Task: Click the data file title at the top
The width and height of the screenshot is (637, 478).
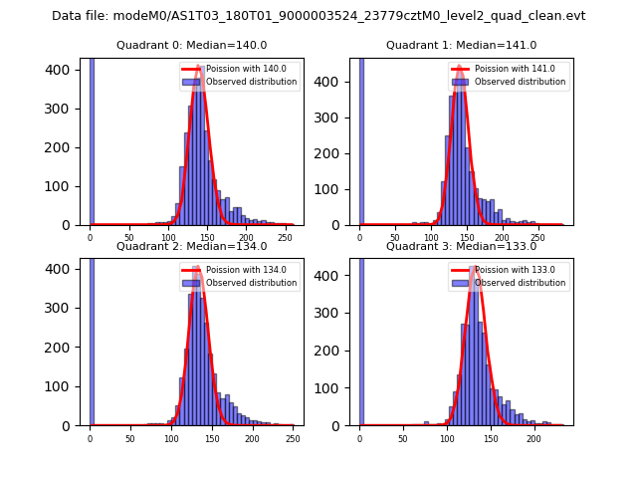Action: (318, 16)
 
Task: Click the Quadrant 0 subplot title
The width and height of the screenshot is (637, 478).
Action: (192, 45)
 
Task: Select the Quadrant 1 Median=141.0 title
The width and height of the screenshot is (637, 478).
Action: (462, 45)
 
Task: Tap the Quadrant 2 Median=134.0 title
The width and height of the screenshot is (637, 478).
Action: (192, 246)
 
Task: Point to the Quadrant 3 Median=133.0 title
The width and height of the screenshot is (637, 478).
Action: (462, 246)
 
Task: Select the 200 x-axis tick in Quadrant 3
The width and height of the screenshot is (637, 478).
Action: (533, 438)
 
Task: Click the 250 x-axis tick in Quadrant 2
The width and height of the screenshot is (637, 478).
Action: (290, 438)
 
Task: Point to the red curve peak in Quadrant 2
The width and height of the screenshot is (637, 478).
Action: (196, 267)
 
